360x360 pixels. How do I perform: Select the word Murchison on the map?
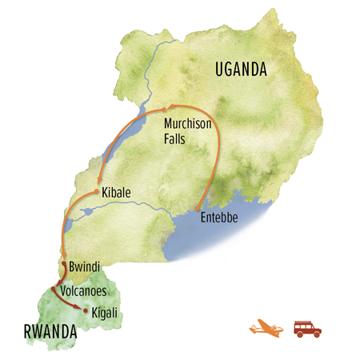click(x=191, y=124)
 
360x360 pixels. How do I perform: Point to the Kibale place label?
click(x=117, y=193)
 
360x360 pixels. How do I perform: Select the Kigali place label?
click(x=106, y=310)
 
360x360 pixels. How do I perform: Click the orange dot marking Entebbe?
click(x=198, y=214)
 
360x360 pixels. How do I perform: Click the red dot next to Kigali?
click(x=86, y=309)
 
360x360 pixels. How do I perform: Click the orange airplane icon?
click(x=266, y=328)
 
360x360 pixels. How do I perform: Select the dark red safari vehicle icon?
click(x=307, y=328)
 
